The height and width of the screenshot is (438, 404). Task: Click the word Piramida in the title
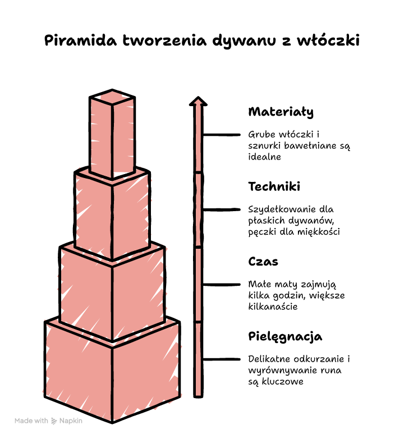[80, 40]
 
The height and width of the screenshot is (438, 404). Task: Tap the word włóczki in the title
[328, 40]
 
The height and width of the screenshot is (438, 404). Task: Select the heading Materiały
[281, 112]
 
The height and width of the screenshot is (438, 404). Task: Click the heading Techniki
[274, 186]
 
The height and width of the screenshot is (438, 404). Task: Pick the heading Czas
[263, 262]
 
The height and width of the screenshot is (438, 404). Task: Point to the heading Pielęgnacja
[285, 336]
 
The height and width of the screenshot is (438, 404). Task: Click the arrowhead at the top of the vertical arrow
[198, 102]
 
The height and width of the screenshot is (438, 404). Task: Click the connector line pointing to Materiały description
[222, 135]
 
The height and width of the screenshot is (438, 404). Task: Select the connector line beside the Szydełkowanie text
[222, 209]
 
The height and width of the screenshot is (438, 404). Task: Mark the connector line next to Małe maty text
[222, 284]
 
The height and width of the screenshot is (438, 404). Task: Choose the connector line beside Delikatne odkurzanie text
[222, 359]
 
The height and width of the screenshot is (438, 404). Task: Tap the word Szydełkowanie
[282, 210]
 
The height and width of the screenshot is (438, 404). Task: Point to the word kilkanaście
[273, 307]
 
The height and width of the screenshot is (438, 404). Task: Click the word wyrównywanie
[282, 371]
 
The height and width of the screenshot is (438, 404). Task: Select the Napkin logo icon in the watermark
[54, 421]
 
